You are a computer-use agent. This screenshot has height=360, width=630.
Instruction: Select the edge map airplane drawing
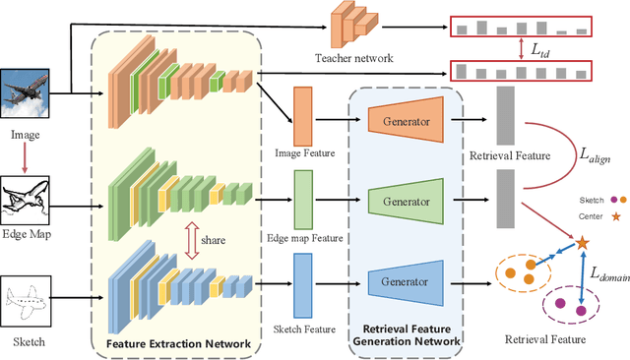point(29,204)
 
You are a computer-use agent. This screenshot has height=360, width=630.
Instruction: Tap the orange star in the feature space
point(582,243)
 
